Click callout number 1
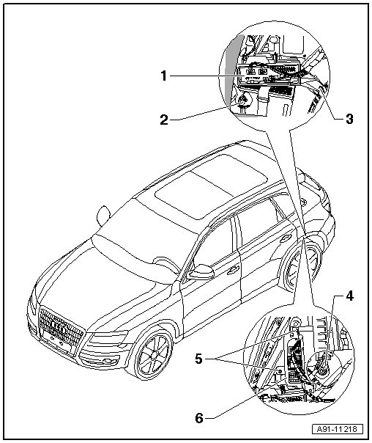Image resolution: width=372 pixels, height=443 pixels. point(164,76)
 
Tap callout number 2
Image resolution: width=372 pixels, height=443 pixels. point(164,120)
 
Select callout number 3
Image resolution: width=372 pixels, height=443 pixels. point(349,119)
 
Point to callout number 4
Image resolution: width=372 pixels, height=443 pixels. point(350,296)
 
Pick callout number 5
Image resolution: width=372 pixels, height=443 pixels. point(199,359)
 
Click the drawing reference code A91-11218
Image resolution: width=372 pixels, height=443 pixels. point(338,429)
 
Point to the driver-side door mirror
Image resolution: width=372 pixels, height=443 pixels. point(201,272)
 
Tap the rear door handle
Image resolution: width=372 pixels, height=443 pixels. point(286,238)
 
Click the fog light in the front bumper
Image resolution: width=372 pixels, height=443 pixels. point(108,361)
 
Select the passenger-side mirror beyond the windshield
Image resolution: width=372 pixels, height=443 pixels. point(103,216)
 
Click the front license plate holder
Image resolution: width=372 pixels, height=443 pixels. point(56,341)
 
